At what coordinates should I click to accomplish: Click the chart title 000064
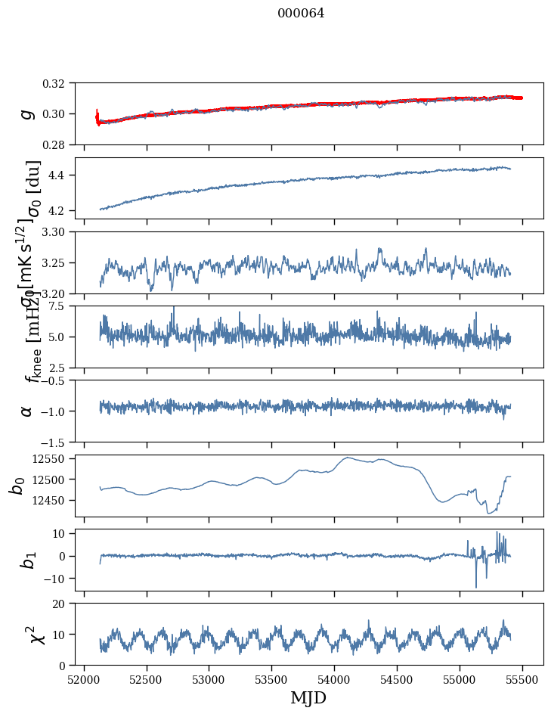(301, 13)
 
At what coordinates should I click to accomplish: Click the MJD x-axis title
(308, 697)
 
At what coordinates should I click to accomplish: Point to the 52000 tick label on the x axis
(84, 678)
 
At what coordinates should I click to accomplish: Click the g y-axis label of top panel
(27, 113)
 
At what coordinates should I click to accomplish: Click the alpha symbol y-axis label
(27, 411)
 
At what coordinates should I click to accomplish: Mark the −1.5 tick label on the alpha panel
(60, 442)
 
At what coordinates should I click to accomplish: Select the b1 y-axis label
(27, 560)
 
